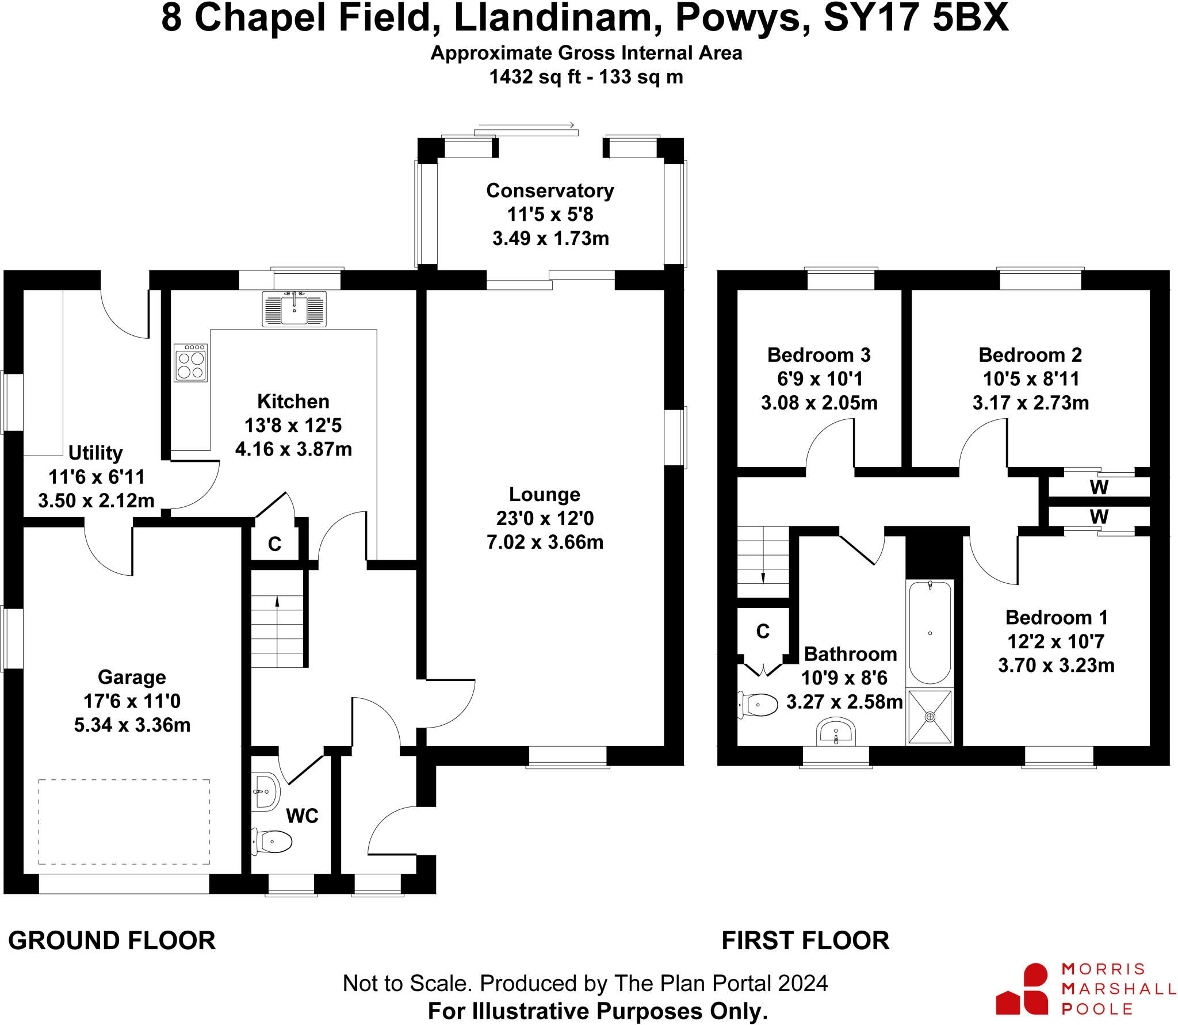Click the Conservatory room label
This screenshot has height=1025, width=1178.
(x=550, y=190)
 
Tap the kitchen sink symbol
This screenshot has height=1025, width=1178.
(x=294, y=309)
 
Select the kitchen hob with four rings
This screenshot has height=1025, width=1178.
(x=190, y=363)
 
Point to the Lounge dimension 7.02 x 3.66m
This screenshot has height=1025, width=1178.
(x=545, y=542)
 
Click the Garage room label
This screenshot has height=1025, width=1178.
(x=132, y=677)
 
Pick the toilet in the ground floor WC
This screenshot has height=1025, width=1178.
(x=271, y=842)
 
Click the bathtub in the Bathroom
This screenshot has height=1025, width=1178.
(x=930, y=633)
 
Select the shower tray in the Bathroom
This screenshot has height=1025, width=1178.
(x=930, y=717)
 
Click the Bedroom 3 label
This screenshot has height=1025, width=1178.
(x=819, y=355)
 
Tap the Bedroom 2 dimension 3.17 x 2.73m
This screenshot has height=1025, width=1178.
(x=1031, y=403)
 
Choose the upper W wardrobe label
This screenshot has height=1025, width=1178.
(x=1099, y=487)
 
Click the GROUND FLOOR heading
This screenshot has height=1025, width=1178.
(x=112, y=940)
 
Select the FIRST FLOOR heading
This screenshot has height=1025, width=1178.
(x=805, y=940)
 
